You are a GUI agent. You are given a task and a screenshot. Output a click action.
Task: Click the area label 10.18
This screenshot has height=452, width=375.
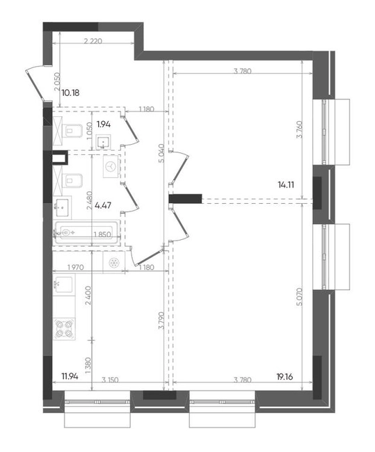pyautogui.click(x=70, y=93)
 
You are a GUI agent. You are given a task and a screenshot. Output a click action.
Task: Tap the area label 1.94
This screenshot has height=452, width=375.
pyautogui.click(x=104, y=124)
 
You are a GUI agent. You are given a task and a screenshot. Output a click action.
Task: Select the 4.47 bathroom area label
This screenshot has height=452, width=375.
pyautogui.click(x=103, y=206)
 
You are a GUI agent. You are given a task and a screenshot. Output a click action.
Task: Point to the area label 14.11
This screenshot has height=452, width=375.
pyautogui.click(x=286, y=185)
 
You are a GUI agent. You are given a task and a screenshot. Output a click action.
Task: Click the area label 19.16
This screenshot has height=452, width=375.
pyautogui.click(x=285, y=377)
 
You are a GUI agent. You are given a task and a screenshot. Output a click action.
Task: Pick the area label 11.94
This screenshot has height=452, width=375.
pyautogui.click(x=70, y=376)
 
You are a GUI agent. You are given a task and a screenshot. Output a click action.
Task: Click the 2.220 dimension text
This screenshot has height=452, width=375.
pyautogui.click(x=93, y=41)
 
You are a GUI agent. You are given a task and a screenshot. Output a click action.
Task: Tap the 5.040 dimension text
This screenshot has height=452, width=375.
pyautogui.click(x=161, y=153)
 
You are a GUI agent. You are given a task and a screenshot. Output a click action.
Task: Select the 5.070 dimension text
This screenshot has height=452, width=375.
pyautogui.click(x=299, y=297)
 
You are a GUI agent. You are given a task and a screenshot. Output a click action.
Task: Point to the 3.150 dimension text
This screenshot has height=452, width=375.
pyautogui.click(x=110, y=380)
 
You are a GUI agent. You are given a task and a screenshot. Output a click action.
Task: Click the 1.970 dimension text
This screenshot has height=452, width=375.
pyautogui.click(x=76, y=267)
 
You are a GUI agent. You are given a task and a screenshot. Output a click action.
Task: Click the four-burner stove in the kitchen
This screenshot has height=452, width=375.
pyautogui.click(x=64, y=329)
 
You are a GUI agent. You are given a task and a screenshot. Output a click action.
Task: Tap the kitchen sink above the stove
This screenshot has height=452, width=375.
pyautogui.click(x=63, y=284)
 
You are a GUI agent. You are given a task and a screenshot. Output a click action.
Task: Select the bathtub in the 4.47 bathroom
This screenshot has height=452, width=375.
pyautogui.click(x=86, y=232)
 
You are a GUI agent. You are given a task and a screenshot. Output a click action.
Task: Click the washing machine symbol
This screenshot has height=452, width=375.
pyautogui.click(x=111, y=167)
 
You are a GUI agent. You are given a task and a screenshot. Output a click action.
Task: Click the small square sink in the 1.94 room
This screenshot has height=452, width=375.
pyautogui.click(x=103, y=142)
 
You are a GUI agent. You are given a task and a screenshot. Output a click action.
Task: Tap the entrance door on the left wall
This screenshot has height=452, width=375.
pyautogui.click(x=37, y=84)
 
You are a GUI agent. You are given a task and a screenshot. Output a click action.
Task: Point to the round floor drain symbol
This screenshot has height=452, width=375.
pyautogui.click(x=113, y=263)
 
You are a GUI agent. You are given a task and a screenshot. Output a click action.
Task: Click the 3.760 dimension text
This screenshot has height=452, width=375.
pyautogui.click(x=300, y=129)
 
